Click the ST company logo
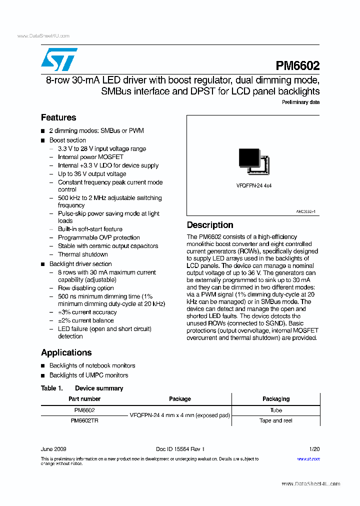point(59,59)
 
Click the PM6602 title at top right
point(297,66)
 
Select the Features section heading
point(58,118)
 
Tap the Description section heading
point(210,225)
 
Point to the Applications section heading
point(66,352)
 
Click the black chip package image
point(253,161)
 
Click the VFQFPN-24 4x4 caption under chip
point(253,185)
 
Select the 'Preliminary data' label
point(300,102)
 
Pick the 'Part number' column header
point(84,399)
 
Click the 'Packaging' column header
point(276,399)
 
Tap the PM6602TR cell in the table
point(84,421)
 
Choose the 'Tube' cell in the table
point(276,410)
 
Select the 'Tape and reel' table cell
point(276,421)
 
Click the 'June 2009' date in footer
point(53,449)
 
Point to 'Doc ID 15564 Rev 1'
point(180,449)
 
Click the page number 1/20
point(314,449)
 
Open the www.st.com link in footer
point(308,458)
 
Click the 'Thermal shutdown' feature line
point(83,254)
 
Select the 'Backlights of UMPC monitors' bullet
point(88,375)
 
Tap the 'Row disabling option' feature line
point(85,288)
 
